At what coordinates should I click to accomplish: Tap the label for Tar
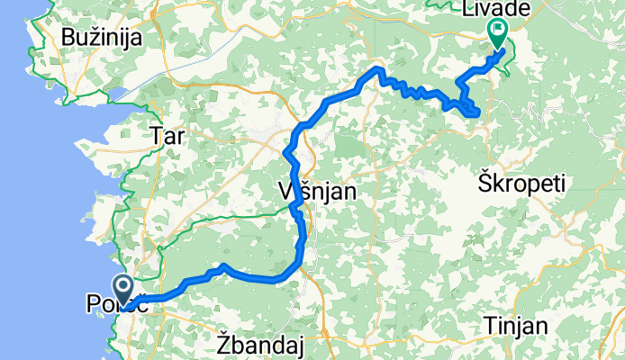pyautogui.click(x=169, y=136)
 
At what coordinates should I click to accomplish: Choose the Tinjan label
pyautogui.click(x=514, y=325)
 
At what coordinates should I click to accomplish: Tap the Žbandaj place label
pyautogui.click(x=258, y=344)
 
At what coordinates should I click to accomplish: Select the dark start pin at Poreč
pyautogui.click(x=126, y=285)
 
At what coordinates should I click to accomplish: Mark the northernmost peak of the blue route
pyautogui.click(x=379, y=70)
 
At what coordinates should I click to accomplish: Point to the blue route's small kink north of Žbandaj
pyautogui.click(x=221, y=267)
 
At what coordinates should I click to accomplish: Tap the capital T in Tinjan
pyautogui.click(x=488, y=325)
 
